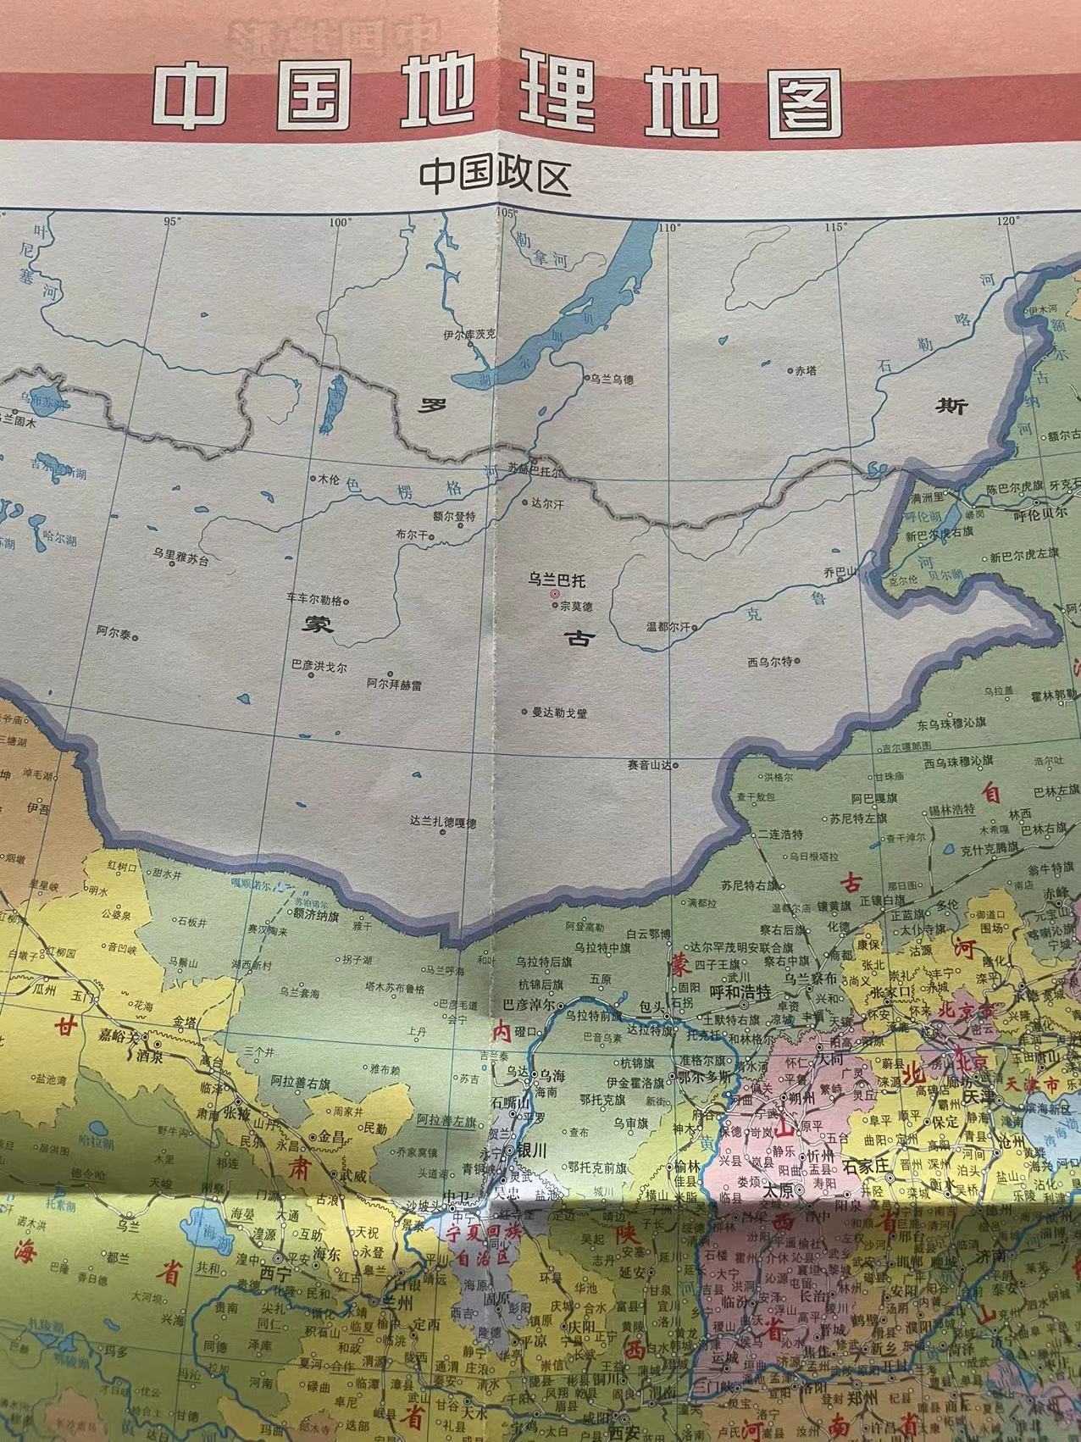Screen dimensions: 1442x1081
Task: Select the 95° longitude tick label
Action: click(174, 221)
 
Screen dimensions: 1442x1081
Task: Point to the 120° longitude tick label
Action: click(1008, 221)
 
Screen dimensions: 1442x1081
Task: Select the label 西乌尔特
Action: click(769, 662)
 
